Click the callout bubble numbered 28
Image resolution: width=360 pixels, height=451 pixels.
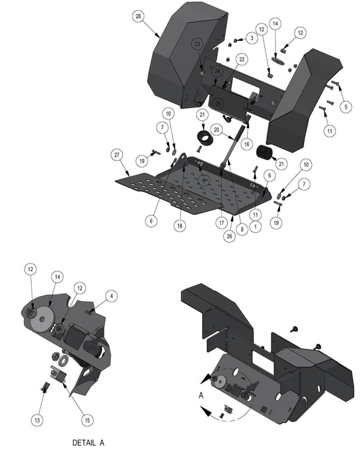(138, 16)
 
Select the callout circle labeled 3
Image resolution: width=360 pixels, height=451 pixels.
(252, 38)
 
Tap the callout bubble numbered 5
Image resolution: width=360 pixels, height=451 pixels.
(346, 106)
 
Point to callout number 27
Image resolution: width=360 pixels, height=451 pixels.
(116, 155)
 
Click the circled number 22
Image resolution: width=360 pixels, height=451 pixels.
(242, 59)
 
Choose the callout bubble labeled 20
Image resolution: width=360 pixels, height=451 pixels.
(217, 130)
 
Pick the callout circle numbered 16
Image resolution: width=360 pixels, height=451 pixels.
(247, 144)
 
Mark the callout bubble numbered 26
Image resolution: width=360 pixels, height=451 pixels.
(229, 236)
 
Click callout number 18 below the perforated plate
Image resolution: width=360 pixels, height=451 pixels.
(179, 226)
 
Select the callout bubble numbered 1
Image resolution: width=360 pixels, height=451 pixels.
(256, 226)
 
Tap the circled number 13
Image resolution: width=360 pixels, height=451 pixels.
(37, 420)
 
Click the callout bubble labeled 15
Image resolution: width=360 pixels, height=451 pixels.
(87, 420)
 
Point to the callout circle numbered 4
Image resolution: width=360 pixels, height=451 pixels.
(112, 296)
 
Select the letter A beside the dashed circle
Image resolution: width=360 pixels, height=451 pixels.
(201, 396)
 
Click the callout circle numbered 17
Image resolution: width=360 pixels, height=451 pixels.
(221, 223)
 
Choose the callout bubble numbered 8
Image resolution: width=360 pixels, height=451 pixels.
(242, 229)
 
